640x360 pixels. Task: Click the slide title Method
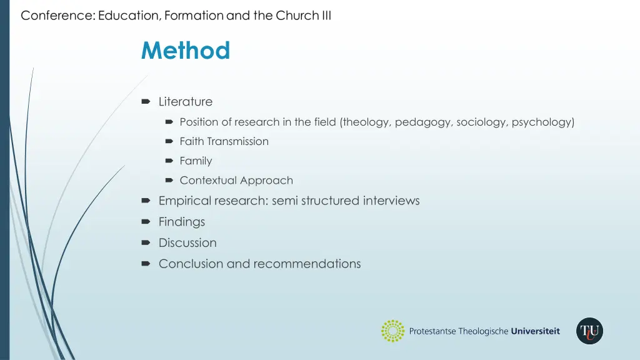tap(186, 51)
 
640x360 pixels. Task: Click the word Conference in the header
tap(57, 16)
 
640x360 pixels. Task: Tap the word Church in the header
tap(298, 16)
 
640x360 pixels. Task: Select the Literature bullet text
tap(186, 101)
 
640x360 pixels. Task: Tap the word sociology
tap(481, 122)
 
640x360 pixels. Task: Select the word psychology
tap(541, 122)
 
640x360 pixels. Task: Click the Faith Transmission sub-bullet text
tap(224, 142)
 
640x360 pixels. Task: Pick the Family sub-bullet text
tap(196, 161)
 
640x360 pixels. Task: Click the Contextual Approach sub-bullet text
tap(236, 181)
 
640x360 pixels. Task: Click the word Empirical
tap(184, 201)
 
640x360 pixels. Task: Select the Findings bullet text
tap(182, 222)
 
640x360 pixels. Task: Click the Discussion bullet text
tap(187, 243)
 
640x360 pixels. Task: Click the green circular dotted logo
tap(393, 331)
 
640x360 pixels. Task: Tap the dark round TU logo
tap(589, 331)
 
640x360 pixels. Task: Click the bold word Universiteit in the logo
tap(536, 331)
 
